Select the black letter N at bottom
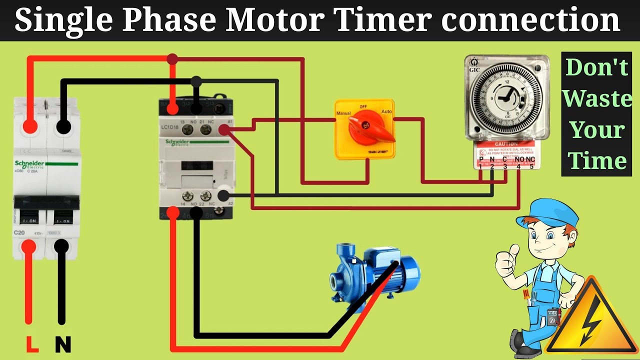click(62, 344)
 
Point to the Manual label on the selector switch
click(343, 113)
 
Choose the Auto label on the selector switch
click(386, 111)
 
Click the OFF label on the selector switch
click(364, 106)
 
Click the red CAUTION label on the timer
click(505, 144)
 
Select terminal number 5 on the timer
click(531, 166)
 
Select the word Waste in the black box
click(596, 98)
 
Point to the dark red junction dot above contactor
click(172, 59)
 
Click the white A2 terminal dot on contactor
click(224, 195)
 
